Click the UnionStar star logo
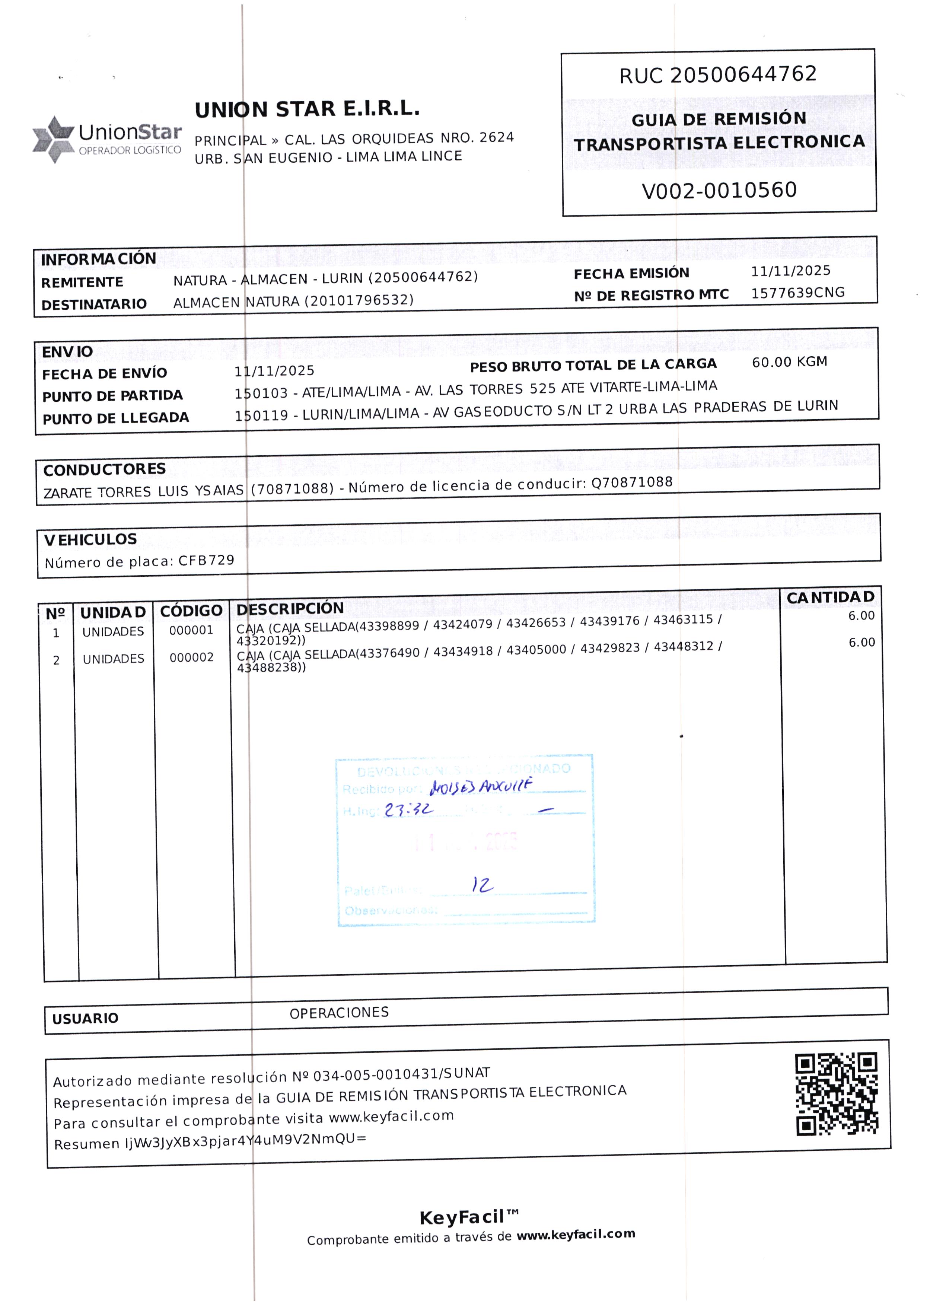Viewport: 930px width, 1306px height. [x=53, y=139]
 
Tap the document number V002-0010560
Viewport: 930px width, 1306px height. [x=719, y=191]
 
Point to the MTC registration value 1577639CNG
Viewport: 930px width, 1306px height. [x=798, y=293]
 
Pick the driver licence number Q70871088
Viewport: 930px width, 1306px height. [x=632, y=482]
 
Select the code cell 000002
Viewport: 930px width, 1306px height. [x=191, y=658]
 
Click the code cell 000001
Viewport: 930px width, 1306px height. [x=191, y=630]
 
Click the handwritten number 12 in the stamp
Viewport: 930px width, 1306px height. [x=482, y=885]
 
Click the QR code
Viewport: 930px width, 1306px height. [x=836, y=1094]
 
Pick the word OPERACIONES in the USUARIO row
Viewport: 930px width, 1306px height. [x=339, y=1013]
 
